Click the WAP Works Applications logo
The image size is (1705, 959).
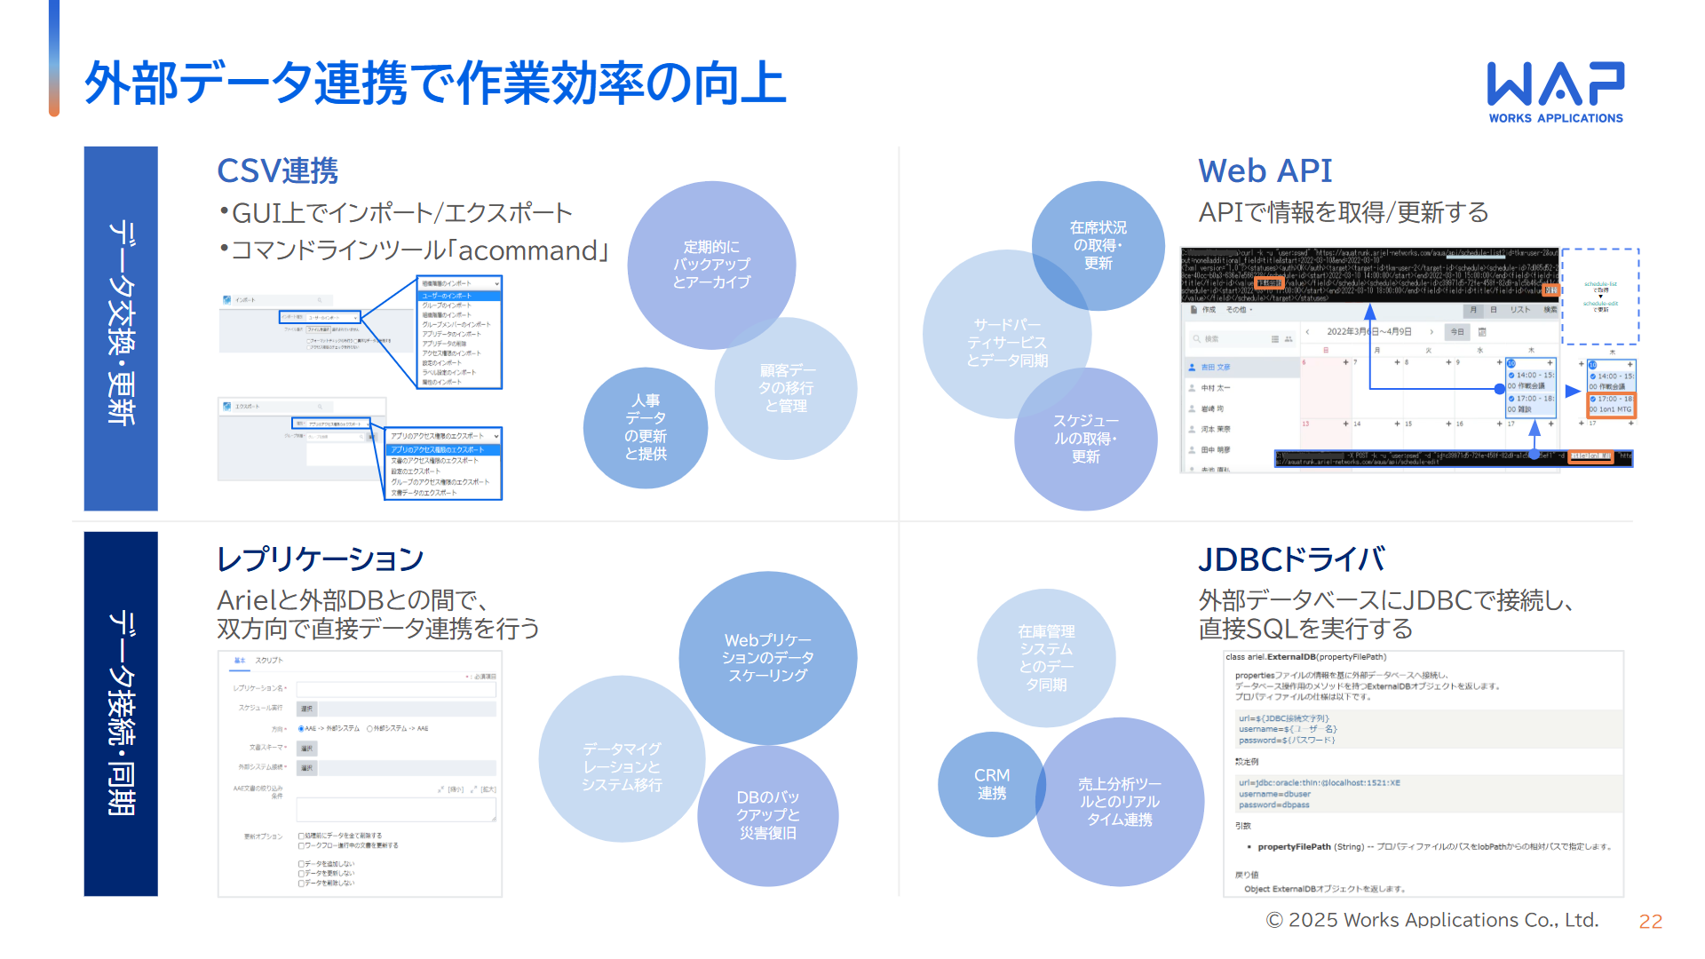click(1556, 91)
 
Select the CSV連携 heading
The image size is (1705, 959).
click(277, 170)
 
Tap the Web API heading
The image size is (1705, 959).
click(1265, 170)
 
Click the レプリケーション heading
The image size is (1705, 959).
click(320, 559)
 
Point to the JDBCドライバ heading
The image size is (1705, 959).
click(1291, 559)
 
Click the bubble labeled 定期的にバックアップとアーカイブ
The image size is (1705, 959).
click(711, 265)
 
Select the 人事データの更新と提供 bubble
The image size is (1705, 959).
click(646, 427)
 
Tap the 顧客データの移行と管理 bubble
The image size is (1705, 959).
click(787, 388)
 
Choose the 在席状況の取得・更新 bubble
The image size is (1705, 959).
click(1098, 245)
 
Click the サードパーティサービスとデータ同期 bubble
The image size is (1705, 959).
click(1006, 343)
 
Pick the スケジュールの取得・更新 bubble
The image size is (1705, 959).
click(1086, 439)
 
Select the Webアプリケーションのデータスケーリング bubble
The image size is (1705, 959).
click(768, 657)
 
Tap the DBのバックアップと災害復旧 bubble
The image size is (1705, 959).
click(768, 815)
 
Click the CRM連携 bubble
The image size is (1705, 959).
click(992, 784)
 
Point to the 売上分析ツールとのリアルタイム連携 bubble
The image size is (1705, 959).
click(1120, 802)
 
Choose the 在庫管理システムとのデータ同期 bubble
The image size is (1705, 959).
click(1046, 658)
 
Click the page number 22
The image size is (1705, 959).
click(1650, 922)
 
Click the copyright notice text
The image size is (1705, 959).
click(1431, 920)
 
